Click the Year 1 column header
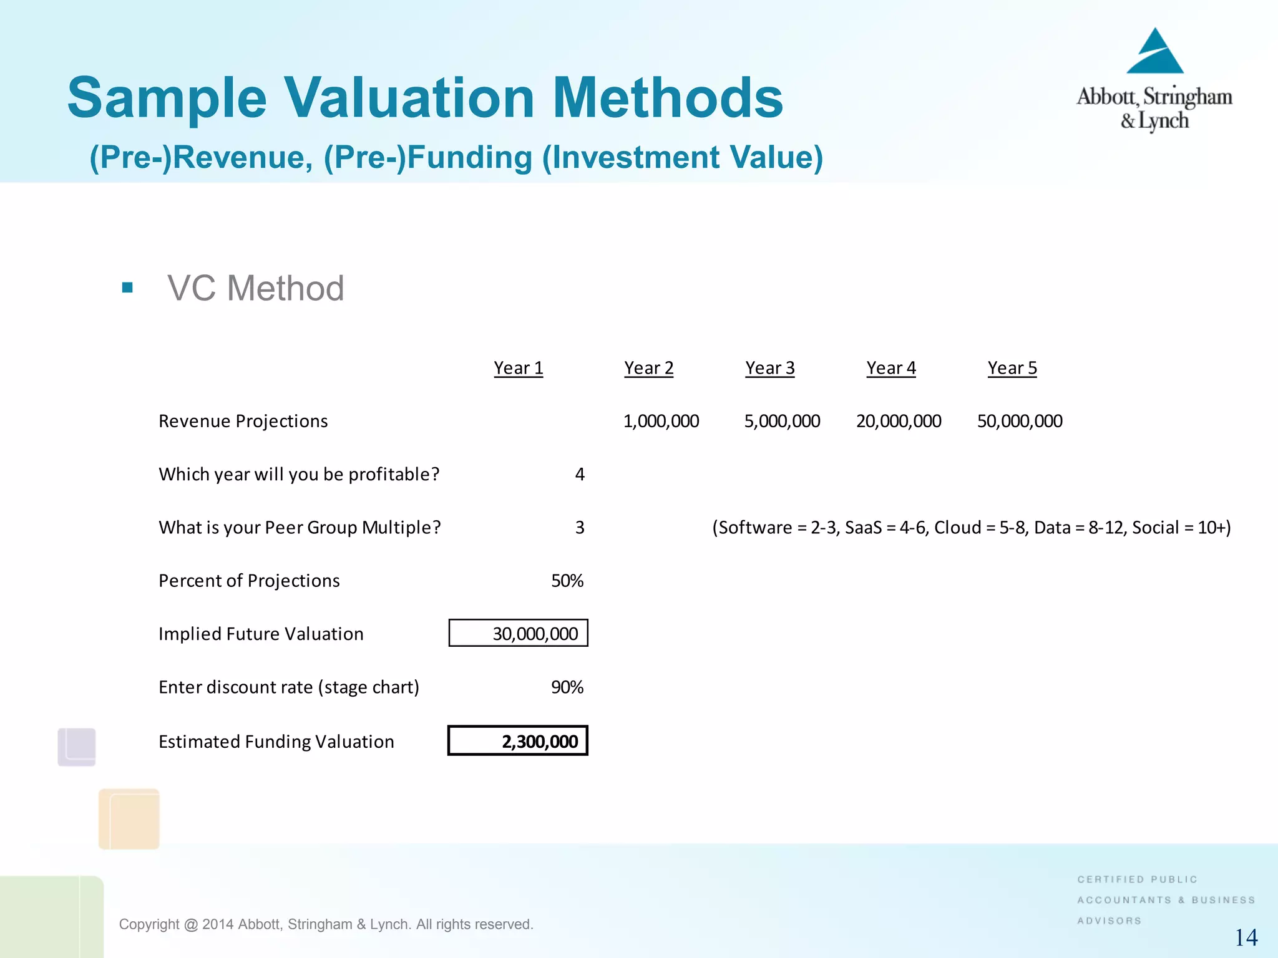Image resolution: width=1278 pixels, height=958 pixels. coord(518,368)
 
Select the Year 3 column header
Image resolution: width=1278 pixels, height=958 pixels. coord(769,368)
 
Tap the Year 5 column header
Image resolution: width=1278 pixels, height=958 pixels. coord(1012,368)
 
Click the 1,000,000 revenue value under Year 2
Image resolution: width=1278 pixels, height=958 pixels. coord(661,421)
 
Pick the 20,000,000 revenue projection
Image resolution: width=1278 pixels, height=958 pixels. coord(898,421)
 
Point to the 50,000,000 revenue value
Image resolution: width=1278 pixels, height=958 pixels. coord(1019,421)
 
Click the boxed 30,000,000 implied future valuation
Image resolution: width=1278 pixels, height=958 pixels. coord(519,633)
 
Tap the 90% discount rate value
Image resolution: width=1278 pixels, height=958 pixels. coord(567,687)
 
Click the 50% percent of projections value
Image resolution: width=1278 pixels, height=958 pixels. coord(567,581)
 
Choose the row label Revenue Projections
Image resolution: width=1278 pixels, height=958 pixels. coord(243,421)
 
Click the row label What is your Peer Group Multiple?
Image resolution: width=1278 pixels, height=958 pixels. coord(300,528)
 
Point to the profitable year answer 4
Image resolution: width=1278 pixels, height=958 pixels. coord(579,475)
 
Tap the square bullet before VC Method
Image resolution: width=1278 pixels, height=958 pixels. coord(127,288)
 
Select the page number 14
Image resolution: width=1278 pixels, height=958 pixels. coord(1246,937)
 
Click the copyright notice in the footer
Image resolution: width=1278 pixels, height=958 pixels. coord(326,924)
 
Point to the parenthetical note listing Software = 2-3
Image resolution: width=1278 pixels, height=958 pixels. coord(971,528)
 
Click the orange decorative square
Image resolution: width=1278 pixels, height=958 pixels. coord(129,819)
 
